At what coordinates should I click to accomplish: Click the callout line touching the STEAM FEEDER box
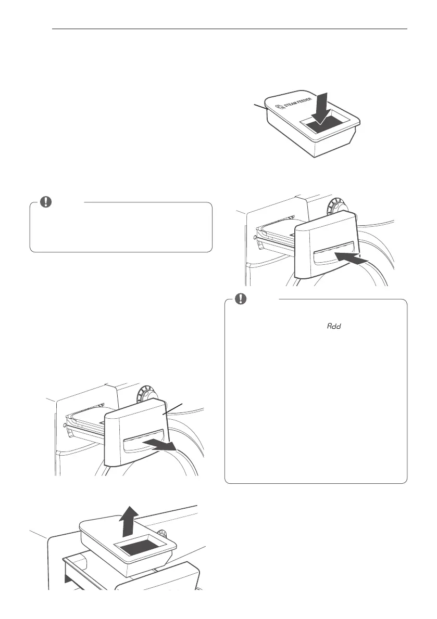tap(260, 107)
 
